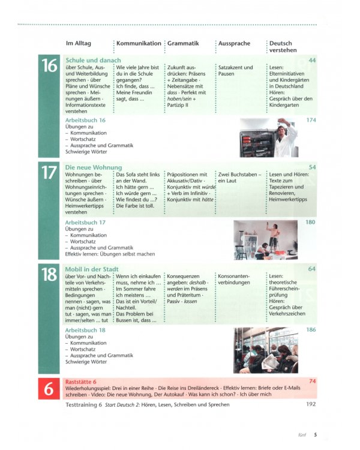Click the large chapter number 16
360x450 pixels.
point(49,67)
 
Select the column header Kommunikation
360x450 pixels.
point(139,43)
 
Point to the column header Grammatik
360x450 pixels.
point(183,43)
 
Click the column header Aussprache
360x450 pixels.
point(235,43)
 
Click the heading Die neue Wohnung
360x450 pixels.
point(94,167)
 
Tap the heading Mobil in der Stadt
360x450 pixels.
point(92,269)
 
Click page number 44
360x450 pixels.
point(311,61)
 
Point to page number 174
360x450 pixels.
point(310,121)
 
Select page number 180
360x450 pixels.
point(310,223)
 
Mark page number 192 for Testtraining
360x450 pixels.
point(310,404)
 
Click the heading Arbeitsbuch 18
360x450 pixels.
point(85,330)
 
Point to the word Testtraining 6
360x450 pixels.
point(83,405)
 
